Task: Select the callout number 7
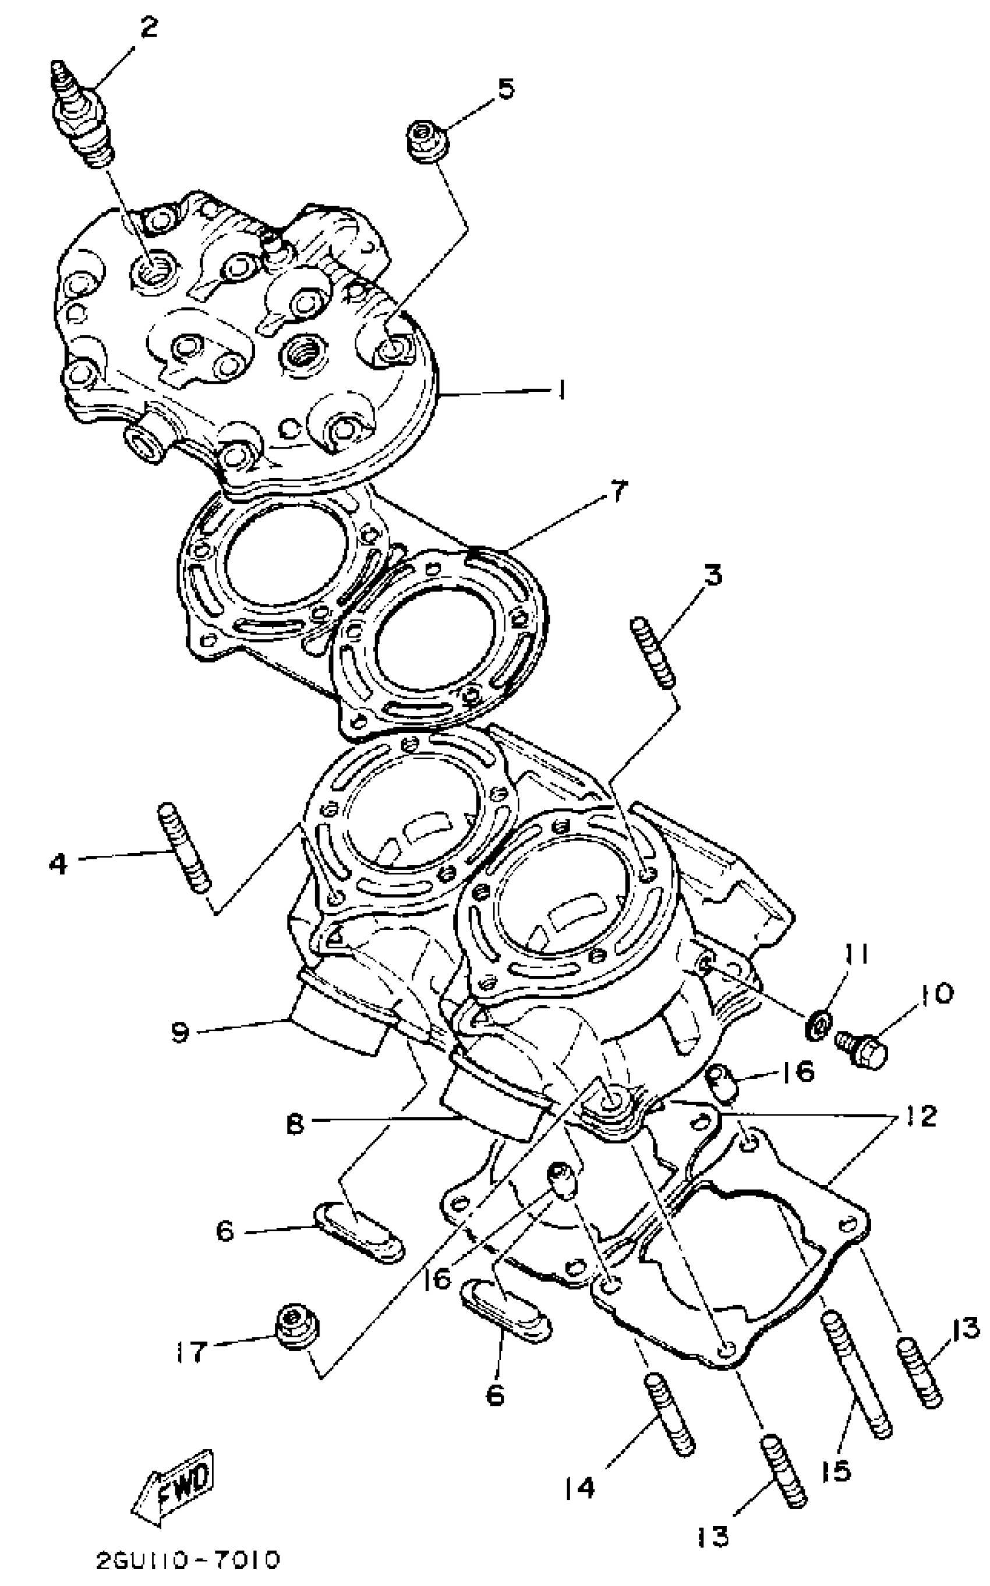pos(617,490)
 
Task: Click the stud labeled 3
pos(653,653)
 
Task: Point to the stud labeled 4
pos(184,847)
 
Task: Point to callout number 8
pos(295,1124)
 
